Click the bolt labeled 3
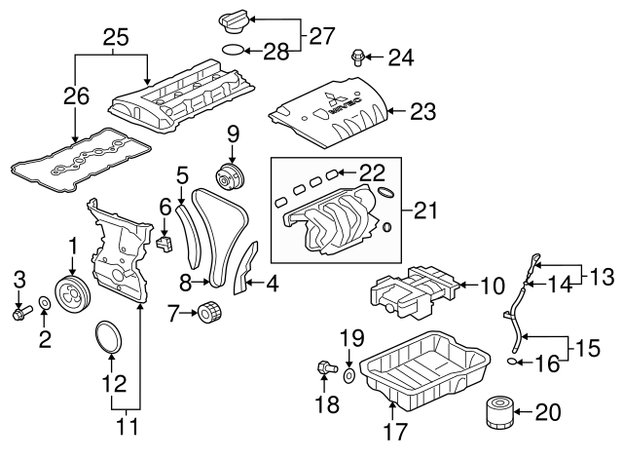click(x=20, y=313)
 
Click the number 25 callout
click(x=116, y=38)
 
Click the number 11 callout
click(x=126, y=426)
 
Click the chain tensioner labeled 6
click(x=165, y=240)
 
